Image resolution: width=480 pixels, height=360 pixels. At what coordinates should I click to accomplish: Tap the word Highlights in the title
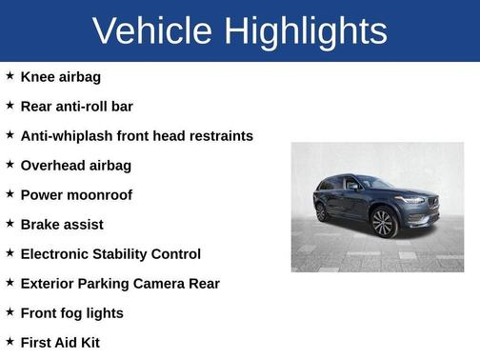[308, 31]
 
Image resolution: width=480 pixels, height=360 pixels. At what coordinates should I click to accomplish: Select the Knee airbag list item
[60, 76]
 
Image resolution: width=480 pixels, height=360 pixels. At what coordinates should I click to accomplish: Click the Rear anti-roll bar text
[76, 106]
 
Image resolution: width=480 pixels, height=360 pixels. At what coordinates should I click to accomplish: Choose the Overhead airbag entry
[75, 165]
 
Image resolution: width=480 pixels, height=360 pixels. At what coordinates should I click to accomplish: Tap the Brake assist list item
[61, 224]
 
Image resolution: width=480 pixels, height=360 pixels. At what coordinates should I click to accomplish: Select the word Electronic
[56, 253]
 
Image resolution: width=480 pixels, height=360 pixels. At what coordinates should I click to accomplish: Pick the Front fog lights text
[71, 312]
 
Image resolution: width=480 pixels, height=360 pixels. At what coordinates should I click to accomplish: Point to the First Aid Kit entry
[59, 342]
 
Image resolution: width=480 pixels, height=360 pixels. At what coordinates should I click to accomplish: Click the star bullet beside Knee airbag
[10, 75]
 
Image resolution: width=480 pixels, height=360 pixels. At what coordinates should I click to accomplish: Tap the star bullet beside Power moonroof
[10, 193]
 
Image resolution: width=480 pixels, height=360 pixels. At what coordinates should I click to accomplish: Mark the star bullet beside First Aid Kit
[10, 341]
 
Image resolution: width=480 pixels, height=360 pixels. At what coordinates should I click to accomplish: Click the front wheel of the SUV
[383, 223]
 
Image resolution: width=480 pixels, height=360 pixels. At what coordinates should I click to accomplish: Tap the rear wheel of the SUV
[323, 211]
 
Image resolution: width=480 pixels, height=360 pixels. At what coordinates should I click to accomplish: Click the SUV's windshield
[374, 182]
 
